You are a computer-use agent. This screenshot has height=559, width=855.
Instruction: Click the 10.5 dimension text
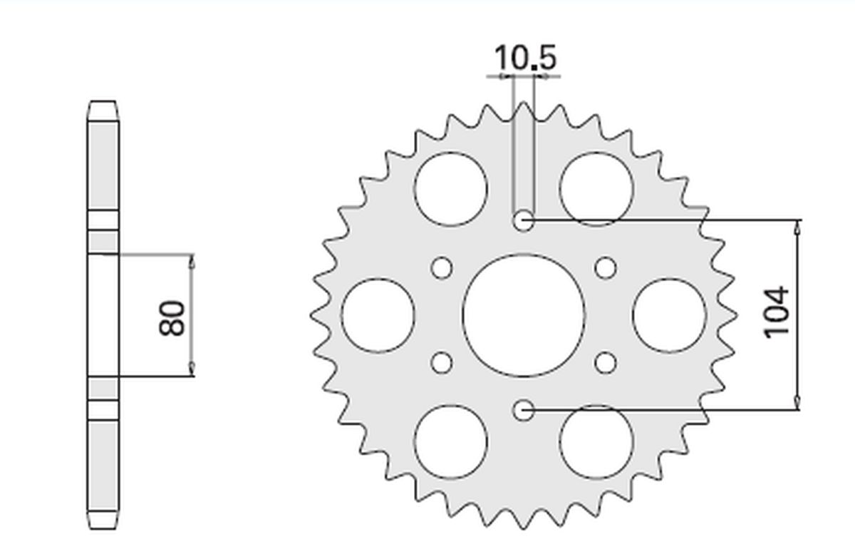(x=524, y=57)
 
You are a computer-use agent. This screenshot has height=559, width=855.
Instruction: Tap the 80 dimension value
(x=172, y=317)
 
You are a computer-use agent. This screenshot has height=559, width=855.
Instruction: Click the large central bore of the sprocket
(x=524, y=314)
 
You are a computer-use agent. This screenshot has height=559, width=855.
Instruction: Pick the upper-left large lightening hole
(x=451, y=189)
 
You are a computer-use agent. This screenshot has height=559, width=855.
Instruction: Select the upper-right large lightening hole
(x=596, y=189)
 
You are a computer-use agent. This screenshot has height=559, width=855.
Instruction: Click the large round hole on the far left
(x=378, y=315)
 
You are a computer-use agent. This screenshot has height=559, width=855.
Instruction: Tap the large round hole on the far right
(x=669, y=315)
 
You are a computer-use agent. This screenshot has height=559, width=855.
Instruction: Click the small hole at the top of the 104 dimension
(x=524, y=220)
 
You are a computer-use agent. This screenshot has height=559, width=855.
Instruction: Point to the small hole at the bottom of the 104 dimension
(x=524, y=409)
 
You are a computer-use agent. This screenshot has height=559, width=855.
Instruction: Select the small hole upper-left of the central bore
(x=442, y=268)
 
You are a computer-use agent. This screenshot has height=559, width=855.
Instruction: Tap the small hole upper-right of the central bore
(x=606, y=268)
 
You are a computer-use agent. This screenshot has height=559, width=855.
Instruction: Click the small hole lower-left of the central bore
(x=442, y=362)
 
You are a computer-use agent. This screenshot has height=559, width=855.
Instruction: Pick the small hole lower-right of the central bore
(x=606, y=362)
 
